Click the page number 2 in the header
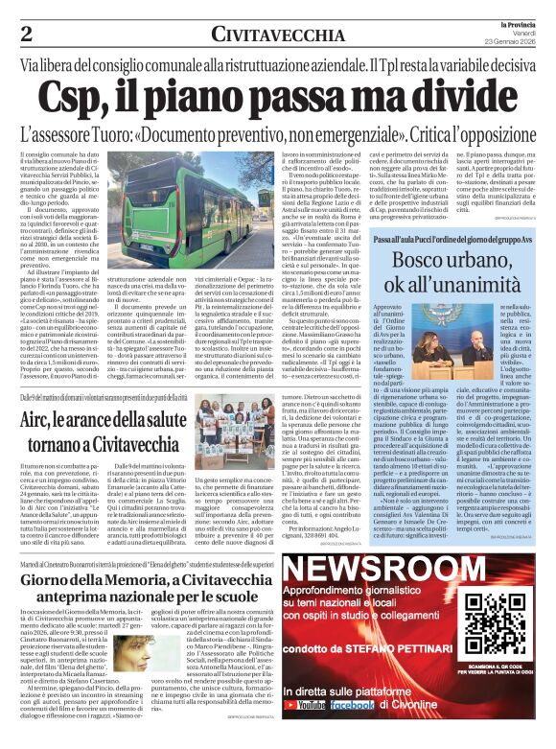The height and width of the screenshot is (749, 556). (x=26, y=34)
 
